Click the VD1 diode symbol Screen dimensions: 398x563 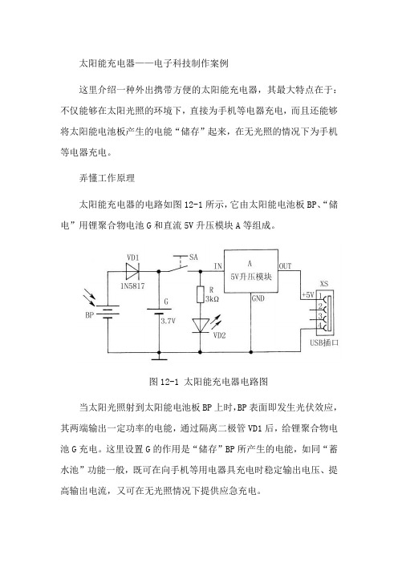point(132,271)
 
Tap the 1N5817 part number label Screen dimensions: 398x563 point(132,286)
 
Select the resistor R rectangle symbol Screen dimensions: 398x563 point(200,295)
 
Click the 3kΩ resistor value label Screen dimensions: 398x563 point(212,298)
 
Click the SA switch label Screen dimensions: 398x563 point(193,257)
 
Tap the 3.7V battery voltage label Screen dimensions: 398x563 point(169,321)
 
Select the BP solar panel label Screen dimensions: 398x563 point(89,315)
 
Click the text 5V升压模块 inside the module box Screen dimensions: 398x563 point(251,277)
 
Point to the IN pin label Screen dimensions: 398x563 point(218,266)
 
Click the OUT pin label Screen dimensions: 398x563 point(285,266)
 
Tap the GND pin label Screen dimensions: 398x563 point(258,298)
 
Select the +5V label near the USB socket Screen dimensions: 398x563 point(308,295)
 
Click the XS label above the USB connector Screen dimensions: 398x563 point(324,284)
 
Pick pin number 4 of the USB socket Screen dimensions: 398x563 point(319,326)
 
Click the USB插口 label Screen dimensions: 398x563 point(324,342)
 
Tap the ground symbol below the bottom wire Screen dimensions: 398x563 point(159,357)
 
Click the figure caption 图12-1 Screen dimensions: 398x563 point(164,381)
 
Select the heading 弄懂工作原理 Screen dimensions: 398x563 point(107,178)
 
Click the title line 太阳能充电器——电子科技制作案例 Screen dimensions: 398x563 point(154,63)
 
